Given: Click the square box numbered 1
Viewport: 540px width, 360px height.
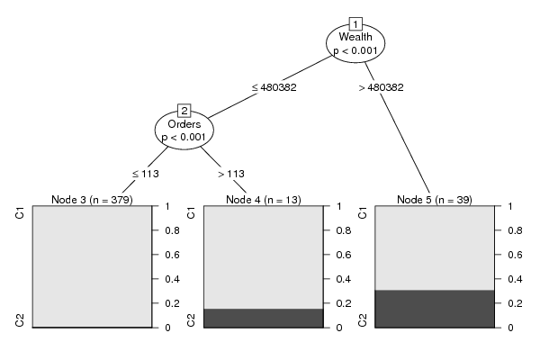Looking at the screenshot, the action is pyautogui.click(x=355, y=24).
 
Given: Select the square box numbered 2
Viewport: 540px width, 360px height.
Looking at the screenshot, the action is pyautogui.click(x=184, y=111).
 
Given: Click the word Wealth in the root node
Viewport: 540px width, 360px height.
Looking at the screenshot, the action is pyautogui.click(x=355, y=37).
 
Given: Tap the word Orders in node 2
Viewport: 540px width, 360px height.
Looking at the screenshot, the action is pyautogui.click(x=184, y=124).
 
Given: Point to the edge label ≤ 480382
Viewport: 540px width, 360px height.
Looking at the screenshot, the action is pyautogui.click(x=274, y=87).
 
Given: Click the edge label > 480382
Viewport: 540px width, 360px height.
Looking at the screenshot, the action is pyautogui.click(x=381, y=87).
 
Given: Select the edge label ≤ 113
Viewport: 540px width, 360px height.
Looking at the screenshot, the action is pyautogui.click(x=146, y=174).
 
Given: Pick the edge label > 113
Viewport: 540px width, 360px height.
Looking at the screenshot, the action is pyautogui.click(x=231, y=174).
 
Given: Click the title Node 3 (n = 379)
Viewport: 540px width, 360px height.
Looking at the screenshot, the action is pyautogui.click(x=92, y=200).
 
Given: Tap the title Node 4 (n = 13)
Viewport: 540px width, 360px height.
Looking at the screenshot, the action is pyautogui.click(x=264, y=200).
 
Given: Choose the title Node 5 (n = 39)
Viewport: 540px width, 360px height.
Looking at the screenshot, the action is pyautogui.click(x=435, y=200).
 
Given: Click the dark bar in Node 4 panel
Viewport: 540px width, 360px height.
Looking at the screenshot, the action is pyautogui.click(x=264, y=318).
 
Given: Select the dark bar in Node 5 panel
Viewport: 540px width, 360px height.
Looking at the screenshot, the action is pyautogui.click(x=435, y=309).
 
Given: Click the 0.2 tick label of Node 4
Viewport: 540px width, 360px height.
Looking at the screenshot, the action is pyautogui.click(x=344, y=303).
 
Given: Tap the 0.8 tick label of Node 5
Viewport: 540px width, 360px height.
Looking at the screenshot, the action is pyautogui.click(x=515, y=230).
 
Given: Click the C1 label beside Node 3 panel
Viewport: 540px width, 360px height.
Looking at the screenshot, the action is pyautogui.click(x=20, y=213).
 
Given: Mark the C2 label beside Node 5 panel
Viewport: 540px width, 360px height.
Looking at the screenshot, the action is pyautogui.click(x=363, y=320).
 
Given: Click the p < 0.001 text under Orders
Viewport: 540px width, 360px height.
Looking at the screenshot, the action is pyautogui.click(x=184, y=138).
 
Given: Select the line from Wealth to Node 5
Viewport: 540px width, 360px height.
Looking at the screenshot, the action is pyautogui.click(x=398, y=128).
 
